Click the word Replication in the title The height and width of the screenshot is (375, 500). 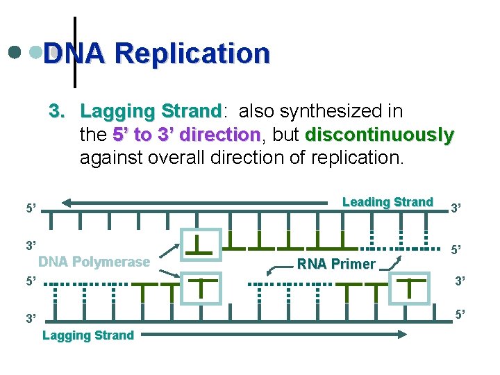(x=192, y=53)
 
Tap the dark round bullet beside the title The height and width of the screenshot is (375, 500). (x=14, y=51)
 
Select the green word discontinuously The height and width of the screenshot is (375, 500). (x=379, y=134)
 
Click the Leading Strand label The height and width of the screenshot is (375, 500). (x=387, y=202)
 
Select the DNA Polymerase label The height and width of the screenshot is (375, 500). (x=94, y=262)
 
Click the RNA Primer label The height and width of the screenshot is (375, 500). (x=335, y=263)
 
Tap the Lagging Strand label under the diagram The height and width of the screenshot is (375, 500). (x=88, y=335)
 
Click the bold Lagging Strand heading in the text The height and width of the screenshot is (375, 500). (x=150, y=111)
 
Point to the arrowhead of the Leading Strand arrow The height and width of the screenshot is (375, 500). (x=67, y=203)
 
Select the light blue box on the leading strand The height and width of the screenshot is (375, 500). (x=201, y=244)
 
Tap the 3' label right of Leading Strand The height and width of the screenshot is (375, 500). (x=457, y=207)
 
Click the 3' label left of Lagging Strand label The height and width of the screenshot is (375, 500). (x=31, y=319)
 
